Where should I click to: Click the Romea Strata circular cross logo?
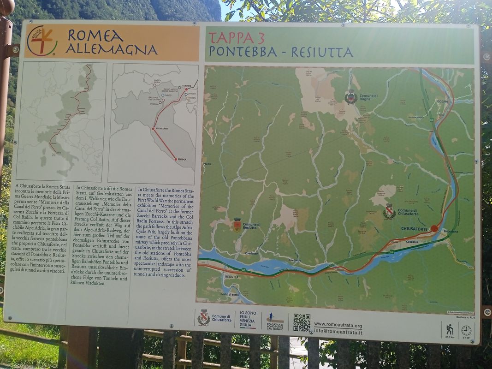point(42,41)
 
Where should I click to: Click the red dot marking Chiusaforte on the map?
point(434,228)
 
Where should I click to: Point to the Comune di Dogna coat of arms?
point(351,97)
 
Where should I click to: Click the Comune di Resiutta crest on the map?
point(237,225)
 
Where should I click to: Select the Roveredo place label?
point(295,260)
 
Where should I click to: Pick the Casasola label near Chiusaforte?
point(412,241)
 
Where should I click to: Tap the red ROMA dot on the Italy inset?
point(176,159)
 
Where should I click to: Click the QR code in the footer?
point(302,322)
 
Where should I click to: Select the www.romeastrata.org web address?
point(338,325)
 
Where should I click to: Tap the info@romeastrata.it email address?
point(338,332)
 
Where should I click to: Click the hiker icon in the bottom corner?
point(449,329)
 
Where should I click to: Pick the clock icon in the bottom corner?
point(466,330)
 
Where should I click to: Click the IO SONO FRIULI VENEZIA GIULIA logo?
point(248,319)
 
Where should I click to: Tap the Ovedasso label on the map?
point(252,253)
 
